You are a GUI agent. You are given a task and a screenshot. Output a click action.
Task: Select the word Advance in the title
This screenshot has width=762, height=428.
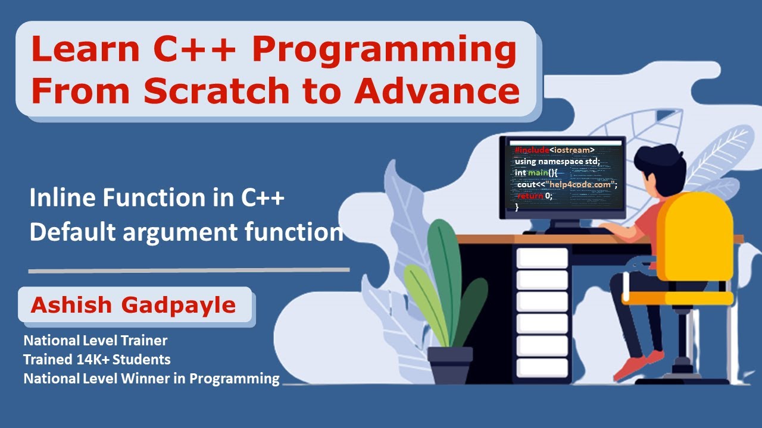pyautogui.click(x=437, y=92)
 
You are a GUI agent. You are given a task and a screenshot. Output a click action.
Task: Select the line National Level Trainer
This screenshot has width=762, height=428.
pyautogui.click(x=95, y=341)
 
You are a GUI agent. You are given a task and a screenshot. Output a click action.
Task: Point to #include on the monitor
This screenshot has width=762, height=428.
pyautogui.click(x=532, y=150)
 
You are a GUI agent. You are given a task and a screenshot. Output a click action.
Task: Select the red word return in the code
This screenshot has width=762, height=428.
pyautogui.click(x=530, y=196)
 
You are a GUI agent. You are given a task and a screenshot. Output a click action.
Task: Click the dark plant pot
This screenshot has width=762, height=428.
pyautogui.click(x=449, y=364)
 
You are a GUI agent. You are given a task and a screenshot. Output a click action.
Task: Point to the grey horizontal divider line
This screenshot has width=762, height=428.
pyautogui.click(x=189, y=270)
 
